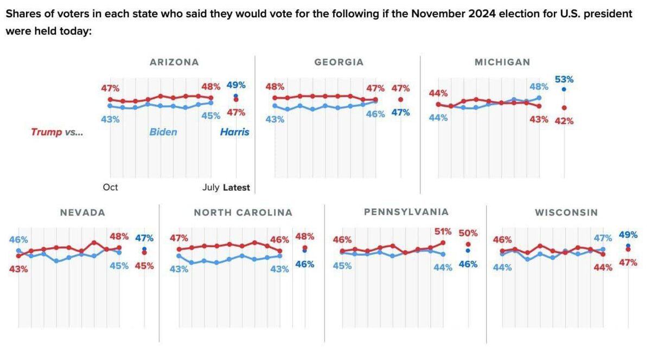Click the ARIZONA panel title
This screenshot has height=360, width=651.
pyautogui.click(x=174, y=62)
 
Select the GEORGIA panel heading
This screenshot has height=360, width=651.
pyautogui.click(x=339, y=62)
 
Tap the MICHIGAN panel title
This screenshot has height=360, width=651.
pyautogui.click(x=502, y=62)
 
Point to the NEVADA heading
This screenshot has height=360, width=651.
pyautogui.click(x=82, y=213)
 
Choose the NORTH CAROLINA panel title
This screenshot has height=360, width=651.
pyautogui.click(x=243, y=213)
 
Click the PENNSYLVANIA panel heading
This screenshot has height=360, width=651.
pyautogui.click(x=406, y=212)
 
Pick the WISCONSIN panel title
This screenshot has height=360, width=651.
pyautogui.click(x=566, y=213)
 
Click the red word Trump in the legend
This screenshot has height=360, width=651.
pyautogui.click(x=47, y=132)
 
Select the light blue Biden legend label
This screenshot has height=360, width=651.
pyautogui.click(x=163, y=132)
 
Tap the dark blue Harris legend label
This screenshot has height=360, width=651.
pyautogui.click(x=235, y=132)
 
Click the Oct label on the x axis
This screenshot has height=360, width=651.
pyautogui.click(x=110, y=188)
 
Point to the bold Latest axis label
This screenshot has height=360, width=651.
pyautogui.click(x=237, y=188)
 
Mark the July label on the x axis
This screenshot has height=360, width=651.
pyautogui.click(x=210, y=188)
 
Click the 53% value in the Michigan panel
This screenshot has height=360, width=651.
pyautogui.click(x=564, y=80)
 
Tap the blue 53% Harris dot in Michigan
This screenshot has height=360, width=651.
pyautogui.click(x=564, y=89)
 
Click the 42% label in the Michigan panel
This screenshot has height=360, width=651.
pyautogui.click(x=564, y=121)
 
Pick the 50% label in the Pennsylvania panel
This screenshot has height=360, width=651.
pyautogui.click(x=468, y=233)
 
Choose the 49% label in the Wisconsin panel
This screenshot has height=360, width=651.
pyautogui.click(x=628, y=235)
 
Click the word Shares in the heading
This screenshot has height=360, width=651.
pyautogui.click(x=21, y=14)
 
